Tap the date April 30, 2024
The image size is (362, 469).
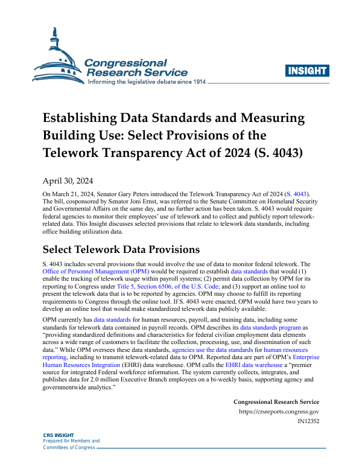click(67, 180)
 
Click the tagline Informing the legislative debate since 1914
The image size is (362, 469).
click(147, 81)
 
